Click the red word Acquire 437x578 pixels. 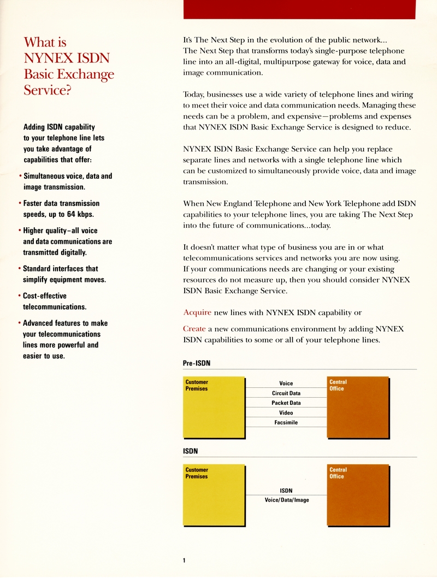(197, 312)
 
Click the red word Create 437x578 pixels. (194, 329)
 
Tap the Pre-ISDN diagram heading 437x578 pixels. (197, 363)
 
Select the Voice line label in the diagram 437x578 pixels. (286, 384)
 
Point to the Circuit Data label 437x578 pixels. (286, 393)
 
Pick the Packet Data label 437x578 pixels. (286, 403)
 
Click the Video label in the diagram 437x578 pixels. (286, 413)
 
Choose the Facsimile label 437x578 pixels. (286, 423)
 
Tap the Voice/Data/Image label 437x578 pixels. (287, 500)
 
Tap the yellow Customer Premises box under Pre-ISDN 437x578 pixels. (212, 407)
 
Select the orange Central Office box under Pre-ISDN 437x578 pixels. (358, 407)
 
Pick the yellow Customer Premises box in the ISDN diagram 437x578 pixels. (212, 494)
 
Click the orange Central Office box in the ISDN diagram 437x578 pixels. (358, 494)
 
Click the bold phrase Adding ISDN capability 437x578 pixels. (59, 127)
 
